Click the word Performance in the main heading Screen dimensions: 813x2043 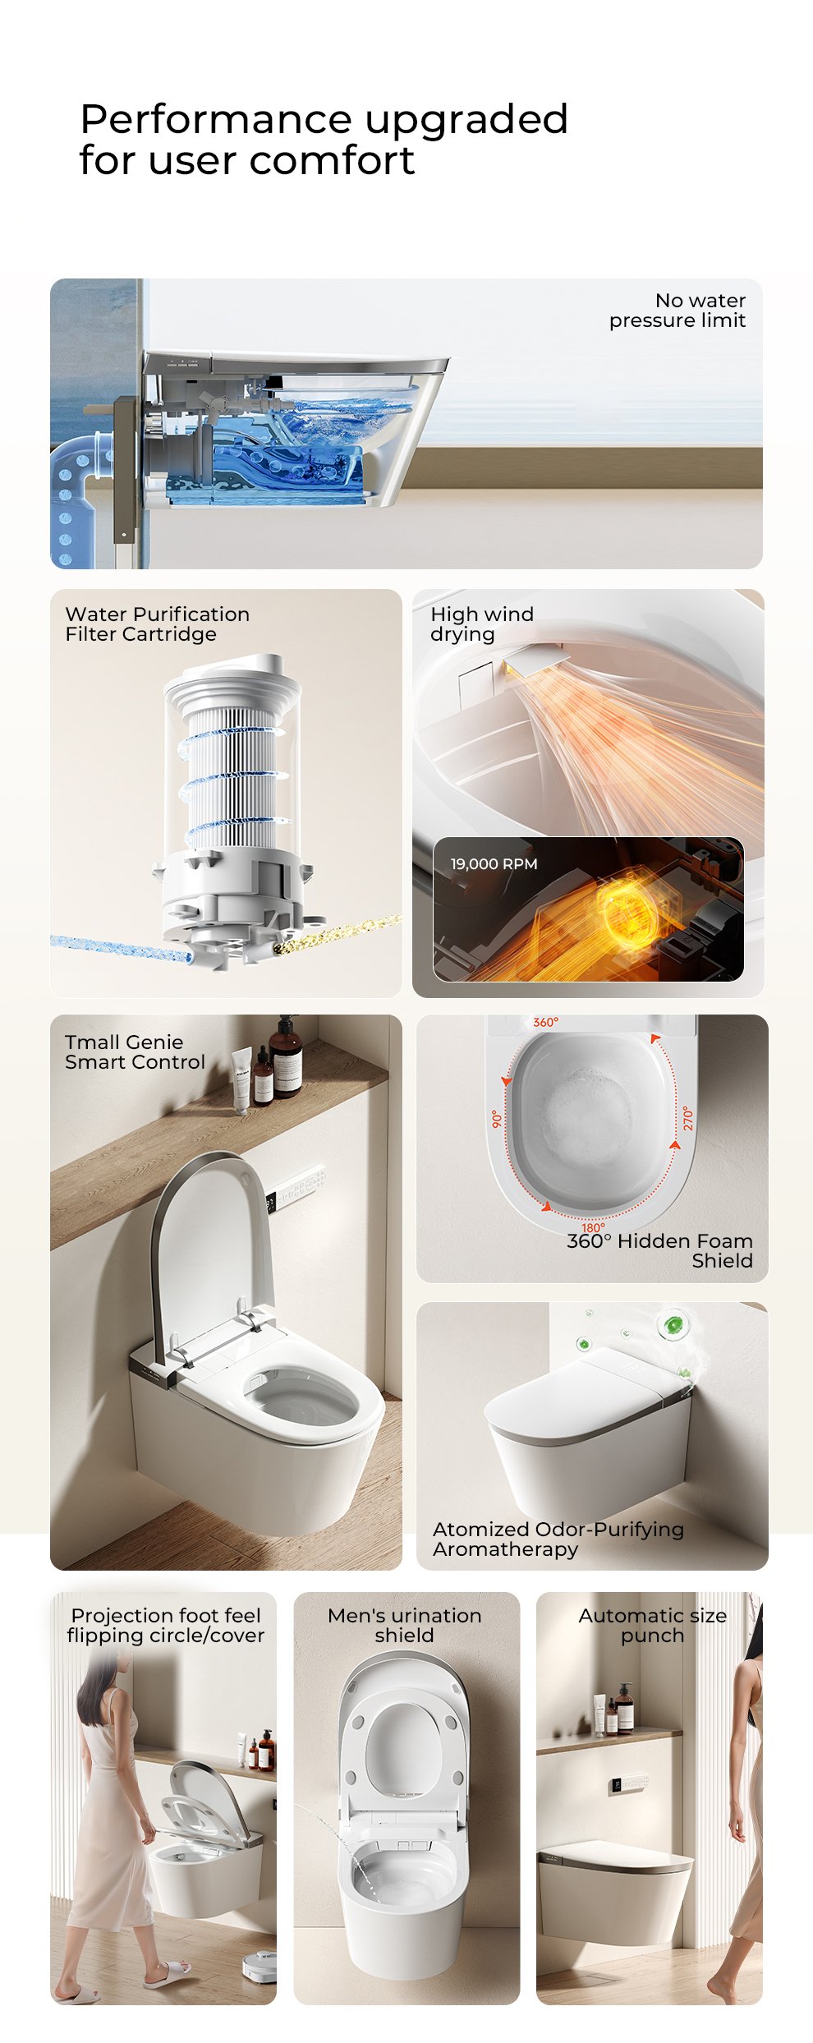tap(218, 121)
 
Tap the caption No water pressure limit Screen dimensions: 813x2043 tap(677, 311)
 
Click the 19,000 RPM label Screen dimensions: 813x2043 tap(494, 863)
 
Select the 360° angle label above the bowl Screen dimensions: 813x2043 tap(545, 1022)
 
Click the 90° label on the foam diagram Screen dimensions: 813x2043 tap(496, 1119)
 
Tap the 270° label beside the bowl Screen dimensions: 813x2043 tap(687, 1118)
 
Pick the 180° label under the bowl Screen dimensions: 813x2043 tap(593, 1227)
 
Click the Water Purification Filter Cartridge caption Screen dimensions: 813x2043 tap(157, 623)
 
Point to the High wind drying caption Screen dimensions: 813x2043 tap(482, 623)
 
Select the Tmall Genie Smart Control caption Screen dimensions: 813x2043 tap(135, 1051)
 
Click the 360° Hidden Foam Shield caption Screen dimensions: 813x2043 tap(659, 1250)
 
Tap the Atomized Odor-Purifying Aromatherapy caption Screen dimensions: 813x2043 tap(558, 1539)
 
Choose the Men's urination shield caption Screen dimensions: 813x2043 tap(404, 1625)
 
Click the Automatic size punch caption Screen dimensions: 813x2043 tap(652, 1625)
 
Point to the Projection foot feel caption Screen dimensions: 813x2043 tap(166, 1615)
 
